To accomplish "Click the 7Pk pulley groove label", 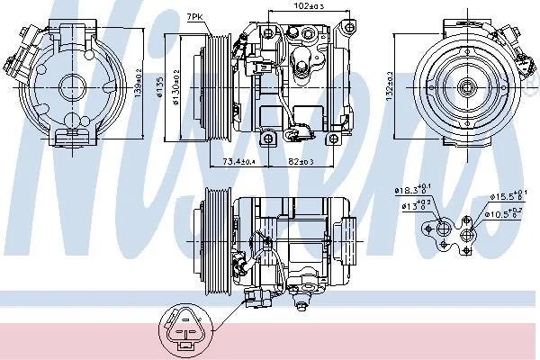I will [x=193, y=17].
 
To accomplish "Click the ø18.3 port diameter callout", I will [x=410, y=191].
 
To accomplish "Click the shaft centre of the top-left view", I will [x=73, y=86].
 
